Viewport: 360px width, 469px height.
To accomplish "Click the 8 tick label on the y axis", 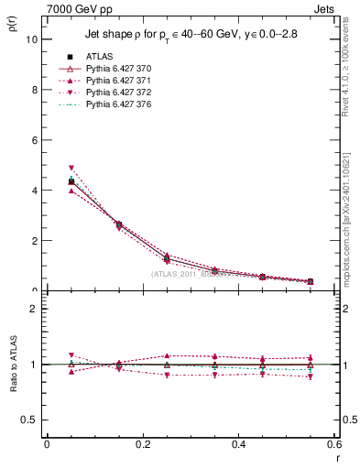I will pos(33,91).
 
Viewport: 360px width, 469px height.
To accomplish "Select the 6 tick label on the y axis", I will pos(33,141).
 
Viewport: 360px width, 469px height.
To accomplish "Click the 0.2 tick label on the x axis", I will pos(143,444).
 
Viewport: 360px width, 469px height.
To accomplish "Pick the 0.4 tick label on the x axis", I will pos(239,444).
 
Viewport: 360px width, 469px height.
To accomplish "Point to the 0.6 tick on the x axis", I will pos(334,444).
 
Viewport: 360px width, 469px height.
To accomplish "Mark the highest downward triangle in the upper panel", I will pos(71,169).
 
